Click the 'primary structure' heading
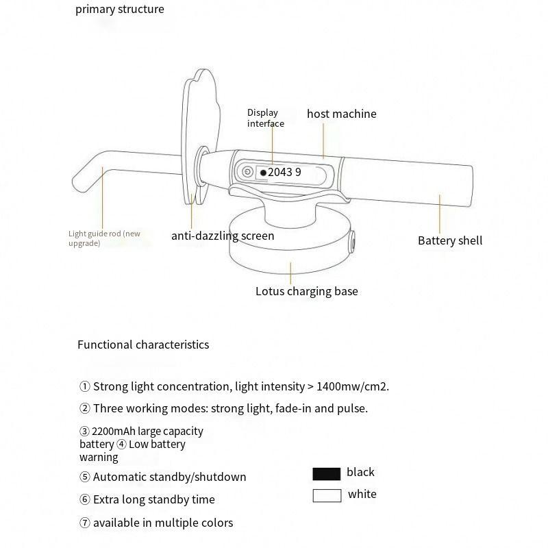tap(120, 10)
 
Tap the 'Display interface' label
tap(265, 118)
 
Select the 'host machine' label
tap(341, 114)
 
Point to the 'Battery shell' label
tap(450, 240)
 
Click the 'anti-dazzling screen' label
tap(223, 236)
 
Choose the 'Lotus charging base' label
tap(306, 291)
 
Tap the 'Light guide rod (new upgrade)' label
tap(104, 238)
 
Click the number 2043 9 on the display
tap(284, 173)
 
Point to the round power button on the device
tap(247, 173)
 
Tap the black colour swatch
tap(327, 473)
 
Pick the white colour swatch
tap(327, 495)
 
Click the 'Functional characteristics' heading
tap(143, 345)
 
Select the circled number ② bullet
tap(85, 408)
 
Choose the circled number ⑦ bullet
tap(85, 523)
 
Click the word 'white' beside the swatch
tap(362, 494)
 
